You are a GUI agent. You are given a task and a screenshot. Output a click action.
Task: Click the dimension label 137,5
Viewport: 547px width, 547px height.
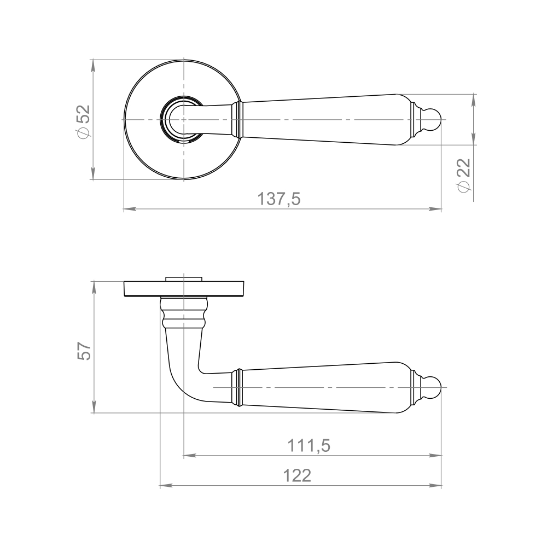click(278, 199)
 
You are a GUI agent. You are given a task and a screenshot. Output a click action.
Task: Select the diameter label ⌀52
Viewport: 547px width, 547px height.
click(84, 121)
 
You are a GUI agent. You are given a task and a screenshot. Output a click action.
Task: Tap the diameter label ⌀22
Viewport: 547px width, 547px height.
click(464, 175)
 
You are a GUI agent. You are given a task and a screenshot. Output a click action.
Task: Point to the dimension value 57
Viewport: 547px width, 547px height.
click(84, 351)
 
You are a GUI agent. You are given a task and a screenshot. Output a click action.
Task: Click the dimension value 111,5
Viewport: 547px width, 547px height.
click(309, 446)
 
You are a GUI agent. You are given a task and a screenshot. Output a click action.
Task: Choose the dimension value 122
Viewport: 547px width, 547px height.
click(297, 475)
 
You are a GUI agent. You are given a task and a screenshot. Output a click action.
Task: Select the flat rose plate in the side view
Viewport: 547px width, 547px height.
click(183, 289)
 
